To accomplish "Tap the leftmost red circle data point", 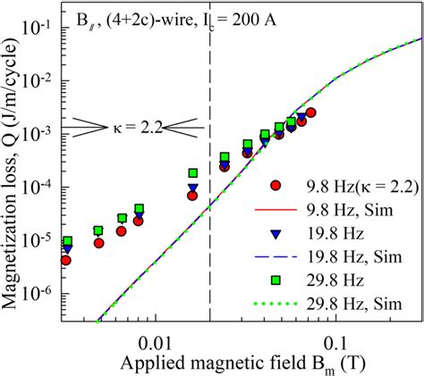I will point(65,261).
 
